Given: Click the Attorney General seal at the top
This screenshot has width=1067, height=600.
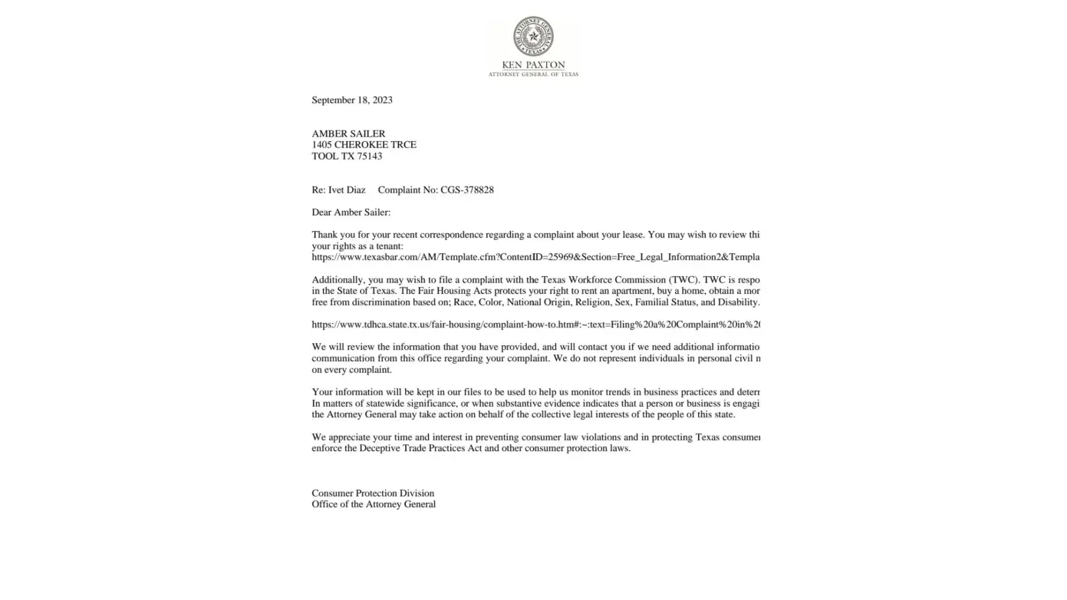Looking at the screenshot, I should pyautogui.click(x=533, y=37).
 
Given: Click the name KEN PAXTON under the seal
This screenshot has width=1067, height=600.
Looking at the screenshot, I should pyautogui.click(x=533, y=65).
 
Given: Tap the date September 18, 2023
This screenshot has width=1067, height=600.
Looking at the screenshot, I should pyautogui.click(x=352, y=100).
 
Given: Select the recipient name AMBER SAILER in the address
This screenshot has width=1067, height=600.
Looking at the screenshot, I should pyautogui.click(x=348, y=134).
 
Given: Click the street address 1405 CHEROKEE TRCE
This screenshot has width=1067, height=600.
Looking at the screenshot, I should pyautogui.click(x=364, y=145).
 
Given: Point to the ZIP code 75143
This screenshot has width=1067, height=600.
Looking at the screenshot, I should pyautogui.click(x=369, y=156).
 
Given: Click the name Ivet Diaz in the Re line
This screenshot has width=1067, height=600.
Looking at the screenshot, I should pyautogui.click(x=347, y=190).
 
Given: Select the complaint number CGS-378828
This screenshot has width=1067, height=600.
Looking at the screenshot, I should pyautogui.click(x=467, y=190).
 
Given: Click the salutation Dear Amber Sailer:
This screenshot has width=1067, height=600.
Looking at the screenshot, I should pyautogui.click(x=350, y=212).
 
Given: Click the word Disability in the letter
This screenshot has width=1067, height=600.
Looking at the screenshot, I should pyautogui.click(x=738, y=302).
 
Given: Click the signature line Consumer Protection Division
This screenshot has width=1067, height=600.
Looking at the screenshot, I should pyautogui.click(x=373, y=493).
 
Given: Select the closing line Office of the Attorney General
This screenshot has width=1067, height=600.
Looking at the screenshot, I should pyautogui.click(x=373, y=505).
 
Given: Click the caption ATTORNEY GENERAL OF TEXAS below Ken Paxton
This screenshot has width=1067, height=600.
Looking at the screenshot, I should pyautogui.click(x=533, y=74).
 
